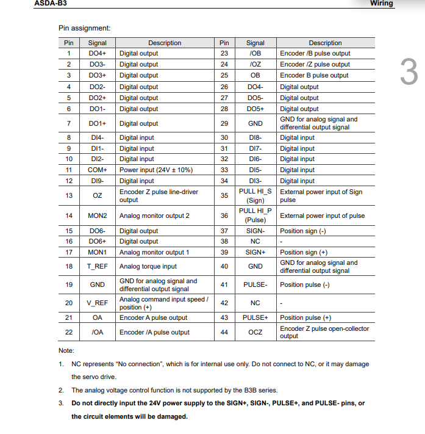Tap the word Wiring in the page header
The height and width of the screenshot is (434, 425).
coord(382,3)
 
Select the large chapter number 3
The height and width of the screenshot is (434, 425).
coord(409,72)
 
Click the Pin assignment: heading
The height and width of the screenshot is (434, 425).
coord(85,28)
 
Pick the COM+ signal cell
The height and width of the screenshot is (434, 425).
coord(97,170)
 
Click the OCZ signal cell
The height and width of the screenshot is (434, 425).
coord(255,332)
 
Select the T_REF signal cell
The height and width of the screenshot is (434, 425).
coord(97,267)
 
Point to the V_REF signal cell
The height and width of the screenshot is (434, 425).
coord(97,303)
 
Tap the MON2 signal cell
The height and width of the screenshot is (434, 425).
coord(97,216)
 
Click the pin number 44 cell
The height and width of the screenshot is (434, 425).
coord(224,332)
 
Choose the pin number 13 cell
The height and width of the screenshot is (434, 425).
coord(69,195)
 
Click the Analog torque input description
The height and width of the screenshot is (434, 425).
coord(148,267)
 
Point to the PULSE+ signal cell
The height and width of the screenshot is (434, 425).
coord(255,317)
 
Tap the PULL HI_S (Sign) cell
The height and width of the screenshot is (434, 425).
coord(255,195)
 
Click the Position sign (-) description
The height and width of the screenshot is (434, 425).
coord(303,231)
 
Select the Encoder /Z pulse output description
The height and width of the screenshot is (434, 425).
coord(315,64)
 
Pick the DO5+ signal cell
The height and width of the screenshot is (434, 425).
coord(255,109)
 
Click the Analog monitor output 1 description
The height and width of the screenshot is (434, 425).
coord(154,252)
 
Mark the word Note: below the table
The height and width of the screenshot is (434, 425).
coord(66,350)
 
